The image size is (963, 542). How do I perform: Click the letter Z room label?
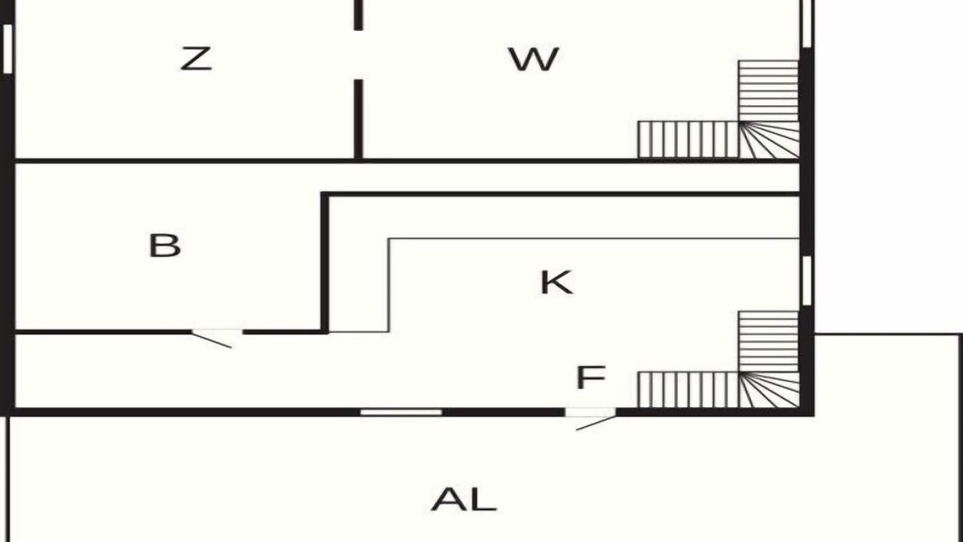click(x=196, y=59)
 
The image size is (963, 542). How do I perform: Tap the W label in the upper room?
click(x=534, y=59)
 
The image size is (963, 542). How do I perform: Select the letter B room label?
click(x=165, y=245)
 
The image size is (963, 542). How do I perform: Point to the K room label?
click(x=556, y=282)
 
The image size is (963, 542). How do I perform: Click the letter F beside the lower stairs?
click(x=591, y=377)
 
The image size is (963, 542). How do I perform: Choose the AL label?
click(x=464, y=499)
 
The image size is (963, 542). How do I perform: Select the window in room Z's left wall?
click(x=8, y=49)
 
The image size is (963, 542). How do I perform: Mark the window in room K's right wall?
click(x=807, y=281)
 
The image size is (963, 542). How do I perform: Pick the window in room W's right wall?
click(x=807, y=23)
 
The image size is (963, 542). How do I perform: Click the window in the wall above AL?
click(x=401, y=413)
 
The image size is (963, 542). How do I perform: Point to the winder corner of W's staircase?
click(x=769, y=139)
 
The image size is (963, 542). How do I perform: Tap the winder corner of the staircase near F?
click(x=769, y=390)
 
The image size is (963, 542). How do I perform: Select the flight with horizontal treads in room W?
click(x=769, y=91)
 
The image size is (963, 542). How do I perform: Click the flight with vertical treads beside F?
click(x=688, y=390)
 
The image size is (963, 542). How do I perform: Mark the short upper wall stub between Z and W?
click(x=358, y=15)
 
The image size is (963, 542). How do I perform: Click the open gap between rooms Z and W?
click(x=358, y=55)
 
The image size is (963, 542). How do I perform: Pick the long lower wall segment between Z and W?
click(x=358, y=119)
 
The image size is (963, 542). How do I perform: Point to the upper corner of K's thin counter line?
click(x=389, y=239)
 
